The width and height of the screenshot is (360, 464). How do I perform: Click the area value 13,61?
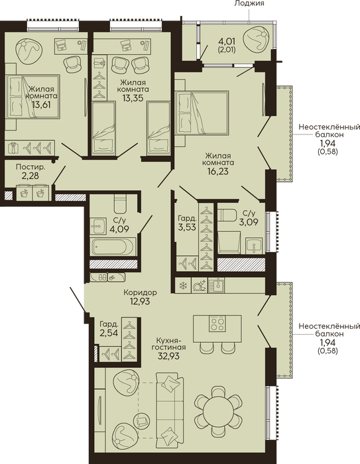[x=41, y=104]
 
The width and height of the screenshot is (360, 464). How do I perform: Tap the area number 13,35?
[x=133, y=97]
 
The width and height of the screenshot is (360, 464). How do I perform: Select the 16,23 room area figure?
[x=218, y=171]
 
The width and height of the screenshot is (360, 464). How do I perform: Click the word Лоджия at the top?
[x=249, y=3]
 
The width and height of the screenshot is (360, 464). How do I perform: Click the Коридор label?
[x=140, y=293]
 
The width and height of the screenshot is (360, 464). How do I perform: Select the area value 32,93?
[x=168, y=356]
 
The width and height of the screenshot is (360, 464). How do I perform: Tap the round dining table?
[x=218, y=410]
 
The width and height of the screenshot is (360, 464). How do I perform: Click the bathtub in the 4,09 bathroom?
[x=113, y=246]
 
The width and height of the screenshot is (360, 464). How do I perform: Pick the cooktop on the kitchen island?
[x=217, y=323]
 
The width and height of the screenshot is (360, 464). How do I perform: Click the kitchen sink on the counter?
[x=216, y=285]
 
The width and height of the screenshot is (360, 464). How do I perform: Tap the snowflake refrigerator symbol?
[x=184, y=286]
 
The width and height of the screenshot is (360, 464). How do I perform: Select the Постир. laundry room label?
[x=30, y=167]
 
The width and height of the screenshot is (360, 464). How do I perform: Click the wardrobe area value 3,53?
[x=187, y=227]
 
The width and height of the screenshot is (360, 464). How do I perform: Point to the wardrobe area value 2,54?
[x=109, y=333]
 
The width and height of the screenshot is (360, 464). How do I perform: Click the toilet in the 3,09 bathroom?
[x=227, y=215]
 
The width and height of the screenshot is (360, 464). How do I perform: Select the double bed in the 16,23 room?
[x=202, y=113]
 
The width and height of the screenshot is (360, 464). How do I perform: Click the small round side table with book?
[x=143, y=420]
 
